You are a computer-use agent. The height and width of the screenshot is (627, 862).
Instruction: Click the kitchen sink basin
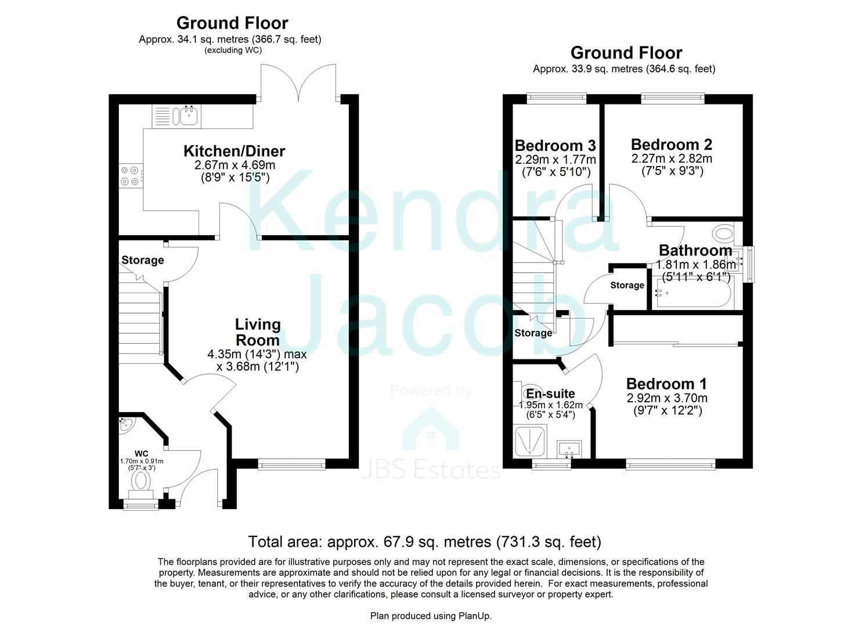189,116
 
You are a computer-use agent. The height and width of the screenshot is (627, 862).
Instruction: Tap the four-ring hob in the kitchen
131,176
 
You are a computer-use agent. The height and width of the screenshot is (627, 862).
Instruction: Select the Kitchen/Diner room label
234,152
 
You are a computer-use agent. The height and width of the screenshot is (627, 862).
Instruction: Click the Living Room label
258,332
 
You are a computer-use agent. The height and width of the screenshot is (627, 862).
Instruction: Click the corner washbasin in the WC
126,426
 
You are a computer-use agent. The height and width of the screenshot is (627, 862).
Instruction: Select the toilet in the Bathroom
723,233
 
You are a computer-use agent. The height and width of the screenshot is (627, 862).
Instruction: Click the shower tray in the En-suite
531,441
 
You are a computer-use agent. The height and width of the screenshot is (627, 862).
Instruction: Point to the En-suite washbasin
569,449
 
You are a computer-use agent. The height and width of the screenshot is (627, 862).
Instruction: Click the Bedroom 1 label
666,384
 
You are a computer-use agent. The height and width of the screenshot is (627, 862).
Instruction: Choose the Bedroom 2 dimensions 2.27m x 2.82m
672,158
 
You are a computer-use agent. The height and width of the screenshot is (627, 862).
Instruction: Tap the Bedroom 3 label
556,146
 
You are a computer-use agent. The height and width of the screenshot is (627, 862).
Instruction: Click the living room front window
292,464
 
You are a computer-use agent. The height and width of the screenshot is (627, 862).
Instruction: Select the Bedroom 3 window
557,99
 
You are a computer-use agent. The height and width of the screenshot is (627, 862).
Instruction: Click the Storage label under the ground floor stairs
143,260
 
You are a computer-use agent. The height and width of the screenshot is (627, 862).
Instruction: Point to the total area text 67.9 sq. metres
438,542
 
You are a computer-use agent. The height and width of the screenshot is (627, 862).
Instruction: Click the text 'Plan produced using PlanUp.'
431,616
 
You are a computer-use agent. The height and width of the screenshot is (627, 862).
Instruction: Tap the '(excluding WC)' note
233,51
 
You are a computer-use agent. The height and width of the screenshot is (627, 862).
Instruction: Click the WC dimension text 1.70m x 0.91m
142,461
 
